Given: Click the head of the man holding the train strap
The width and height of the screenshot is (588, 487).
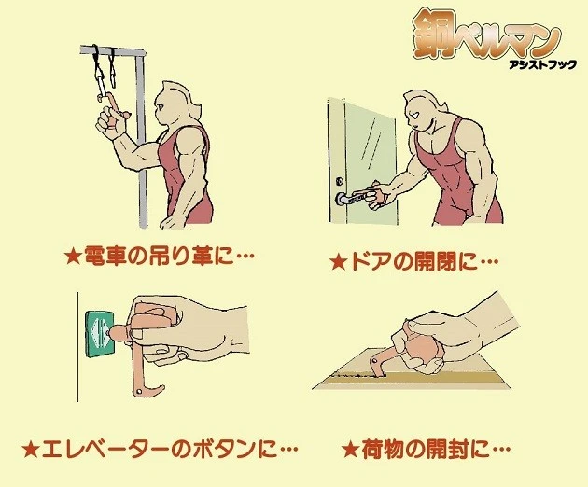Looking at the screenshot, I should (x=177, y=98).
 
